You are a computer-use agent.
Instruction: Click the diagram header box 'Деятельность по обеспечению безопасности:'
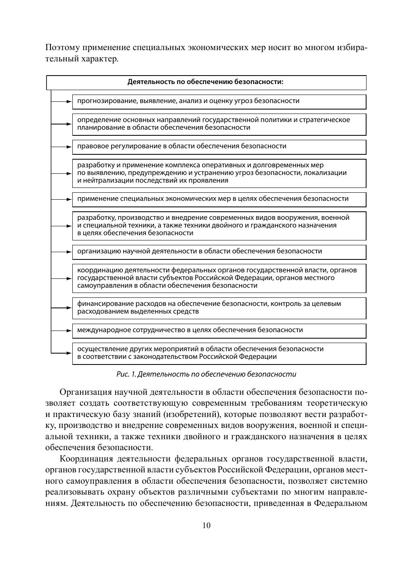point(206,82)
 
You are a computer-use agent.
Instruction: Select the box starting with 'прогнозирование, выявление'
point(219,101)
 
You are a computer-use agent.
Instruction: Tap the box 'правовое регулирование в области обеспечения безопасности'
point(219,147)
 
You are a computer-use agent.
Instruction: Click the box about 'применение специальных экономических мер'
point(219,199)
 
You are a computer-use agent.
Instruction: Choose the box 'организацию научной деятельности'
point(219,252)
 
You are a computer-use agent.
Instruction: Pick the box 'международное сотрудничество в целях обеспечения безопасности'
point(219,331)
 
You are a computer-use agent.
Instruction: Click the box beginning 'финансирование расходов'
point(219,308)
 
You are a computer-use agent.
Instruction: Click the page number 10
point(206,525)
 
